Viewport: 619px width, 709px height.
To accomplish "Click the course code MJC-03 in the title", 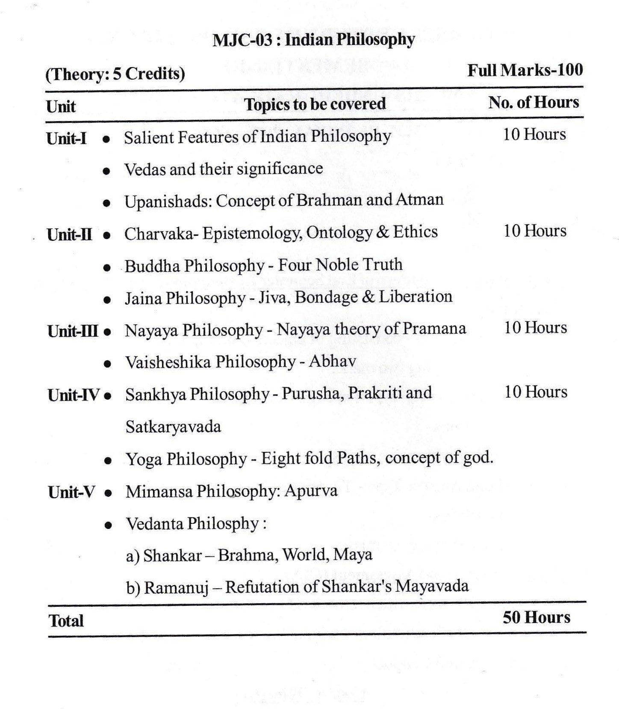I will coord(242,40).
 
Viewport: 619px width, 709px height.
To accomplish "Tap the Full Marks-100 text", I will coord(525,70).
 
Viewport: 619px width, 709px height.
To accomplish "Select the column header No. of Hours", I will coord(534,103).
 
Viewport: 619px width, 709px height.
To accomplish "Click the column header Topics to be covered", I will coord(315,104).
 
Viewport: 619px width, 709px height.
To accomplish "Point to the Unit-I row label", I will coord(66,138).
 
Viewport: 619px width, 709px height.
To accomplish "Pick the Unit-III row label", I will coord(73,331).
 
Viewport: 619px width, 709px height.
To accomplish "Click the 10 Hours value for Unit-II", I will coord(535,231).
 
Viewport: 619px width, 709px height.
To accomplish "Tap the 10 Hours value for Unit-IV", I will coord(536,392).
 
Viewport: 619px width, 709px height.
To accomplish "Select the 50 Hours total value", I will coord(536,617).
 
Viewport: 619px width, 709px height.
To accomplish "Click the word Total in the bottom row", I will coord(66,621).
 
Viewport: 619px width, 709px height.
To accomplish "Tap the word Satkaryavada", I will coord(173,427).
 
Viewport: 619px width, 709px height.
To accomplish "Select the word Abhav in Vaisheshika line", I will coord(332,362).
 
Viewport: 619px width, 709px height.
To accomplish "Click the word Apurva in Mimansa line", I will coord(310,491).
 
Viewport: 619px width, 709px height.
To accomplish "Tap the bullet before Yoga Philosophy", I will coord(109,461).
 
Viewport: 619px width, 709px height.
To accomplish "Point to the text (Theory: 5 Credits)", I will coord(115,74).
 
